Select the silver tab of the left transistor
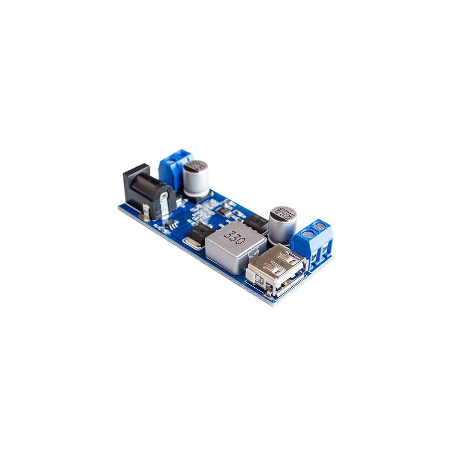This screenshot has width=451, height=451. (193, 244)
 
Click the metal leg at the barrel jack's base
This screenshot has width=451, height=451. (147, 210)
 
